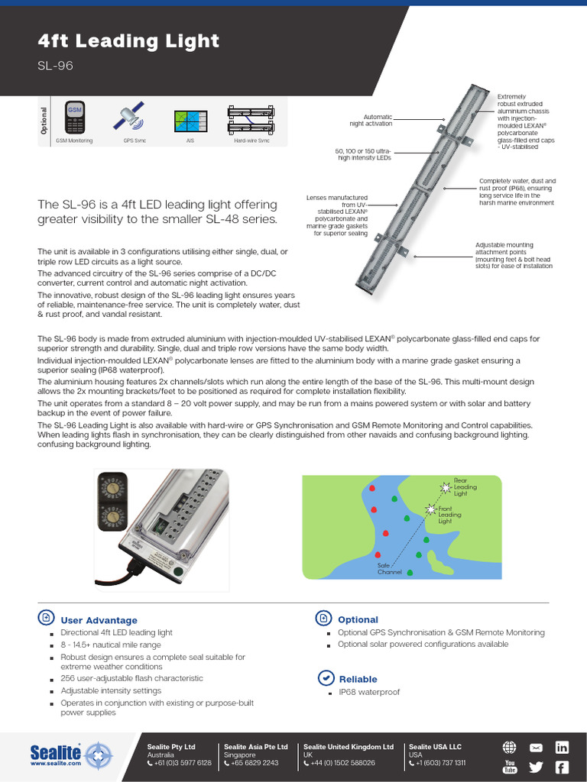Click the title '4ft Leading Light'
tap(128, 41)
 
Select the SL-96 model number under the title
tap(55, 66)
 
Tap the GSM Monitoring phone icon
tap(74, 117)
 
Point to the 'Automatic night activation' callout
tap(371, 120)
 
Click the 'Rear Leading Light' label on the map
tap(465, 487)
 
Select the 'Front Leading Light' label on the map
tap(449, 515)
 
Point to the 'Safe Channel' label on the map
tap(389, 568)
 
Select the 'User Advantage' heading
tap(99, 620)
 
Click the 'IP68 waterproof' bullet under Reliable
tap(369, 693)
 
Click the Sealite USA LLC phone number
tap(440, 763)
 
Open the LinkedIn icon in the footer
tap(562, 748)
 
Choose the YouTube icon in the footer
tap(510, 767)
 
